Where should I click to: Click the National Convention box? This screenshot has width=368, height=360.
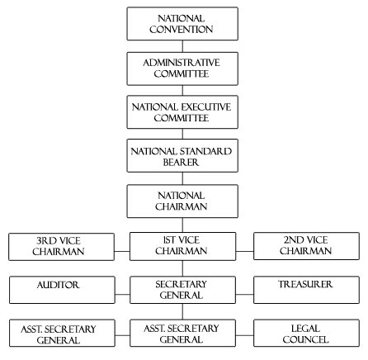(182, 24)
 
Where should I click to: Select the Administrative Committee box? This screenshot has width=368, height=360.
(182, 69)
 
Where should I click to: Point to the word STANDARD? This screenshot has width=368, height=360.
(206, 151)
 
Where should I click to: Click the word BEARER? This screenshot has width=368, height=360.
(181, 162)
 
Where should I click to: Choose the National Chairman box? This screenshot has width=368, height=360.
(182, 201)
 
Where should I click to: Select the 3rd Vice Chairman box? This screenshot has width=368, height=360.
(61, 247)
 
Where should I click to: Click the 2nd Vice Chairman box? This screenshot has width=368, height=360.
(306, 246)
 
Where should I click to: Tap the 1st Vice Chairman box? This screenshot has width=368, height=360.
(182, 246)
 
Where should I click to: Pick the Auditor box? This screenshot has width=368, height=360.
(62, 290)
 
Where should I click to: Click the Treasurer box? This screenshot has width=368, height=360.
(306, 290)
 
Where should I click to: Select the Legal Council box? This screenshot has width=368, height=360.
(306, 333)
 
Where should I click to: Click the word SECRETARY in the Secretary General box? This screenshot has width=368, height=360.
(181, 284)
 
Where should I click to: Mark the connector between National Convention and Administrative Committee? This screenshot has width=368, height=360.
(182, 46)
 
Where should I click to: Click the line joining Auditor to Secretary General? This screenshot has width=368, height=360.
(122, 294)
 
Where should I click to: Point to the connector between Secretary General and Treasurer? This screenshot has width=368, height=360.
(244, 294)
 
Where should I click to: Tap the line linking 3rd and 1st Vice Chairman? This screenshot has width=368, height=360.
(122, 251)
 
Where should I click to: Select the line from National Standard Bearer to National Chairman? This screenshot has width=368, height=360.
(182, 178)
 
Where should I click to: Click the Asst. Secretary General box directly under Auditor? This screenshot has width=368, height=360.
(62, 333)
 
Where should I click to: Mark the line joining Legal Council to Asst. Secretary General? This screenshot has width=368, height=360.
(244, 335)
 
